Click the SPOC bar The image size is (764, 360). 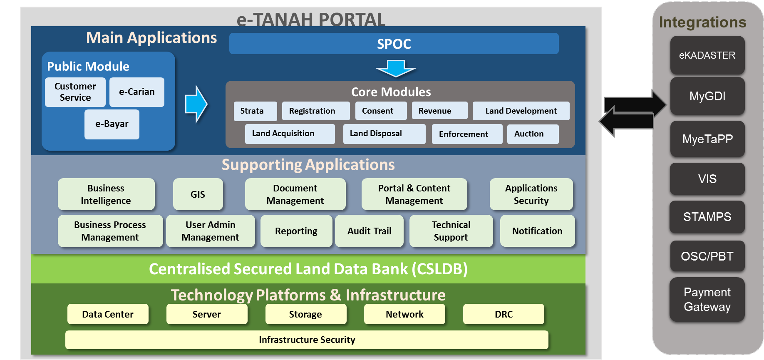(x=394, y=44)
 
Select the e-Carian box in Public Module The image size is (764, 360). (x=137, y=92)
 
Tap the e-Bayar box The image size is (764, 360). (x=112, y=124)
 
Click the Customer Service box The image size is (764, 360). (x=75, y=92)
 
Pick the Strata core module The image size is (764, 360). (x=255, y=111)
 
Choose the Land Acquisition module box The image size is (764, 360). (x=290, y=134)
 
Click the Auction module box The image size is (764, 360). (x=533, y=134)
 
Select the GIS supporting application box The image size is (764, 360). (x=198, y=194)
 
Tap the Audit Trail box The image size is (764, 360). (x=370, y=231)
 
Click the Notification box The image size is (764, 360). (x=538, y=231)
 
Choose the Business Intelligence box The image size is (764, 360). (x=106, y=194)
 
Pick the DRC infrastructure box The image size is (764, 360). (x=504, y=314)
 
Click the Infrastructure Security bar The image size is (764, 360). (x=307, y=340)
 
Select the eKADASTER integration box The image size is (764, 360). (x=707, y=55)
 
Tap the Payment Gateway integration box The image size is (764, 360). (x=707, y=300)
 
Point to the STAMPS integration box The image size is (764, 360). (x=707, y=217)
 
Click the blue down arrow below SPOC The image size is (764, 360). (x=396, y=69)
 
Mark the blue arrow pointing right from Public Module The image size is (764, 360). (x=196, y=104)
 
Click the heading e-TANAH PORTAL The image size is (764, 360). (x=311, y=19)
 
